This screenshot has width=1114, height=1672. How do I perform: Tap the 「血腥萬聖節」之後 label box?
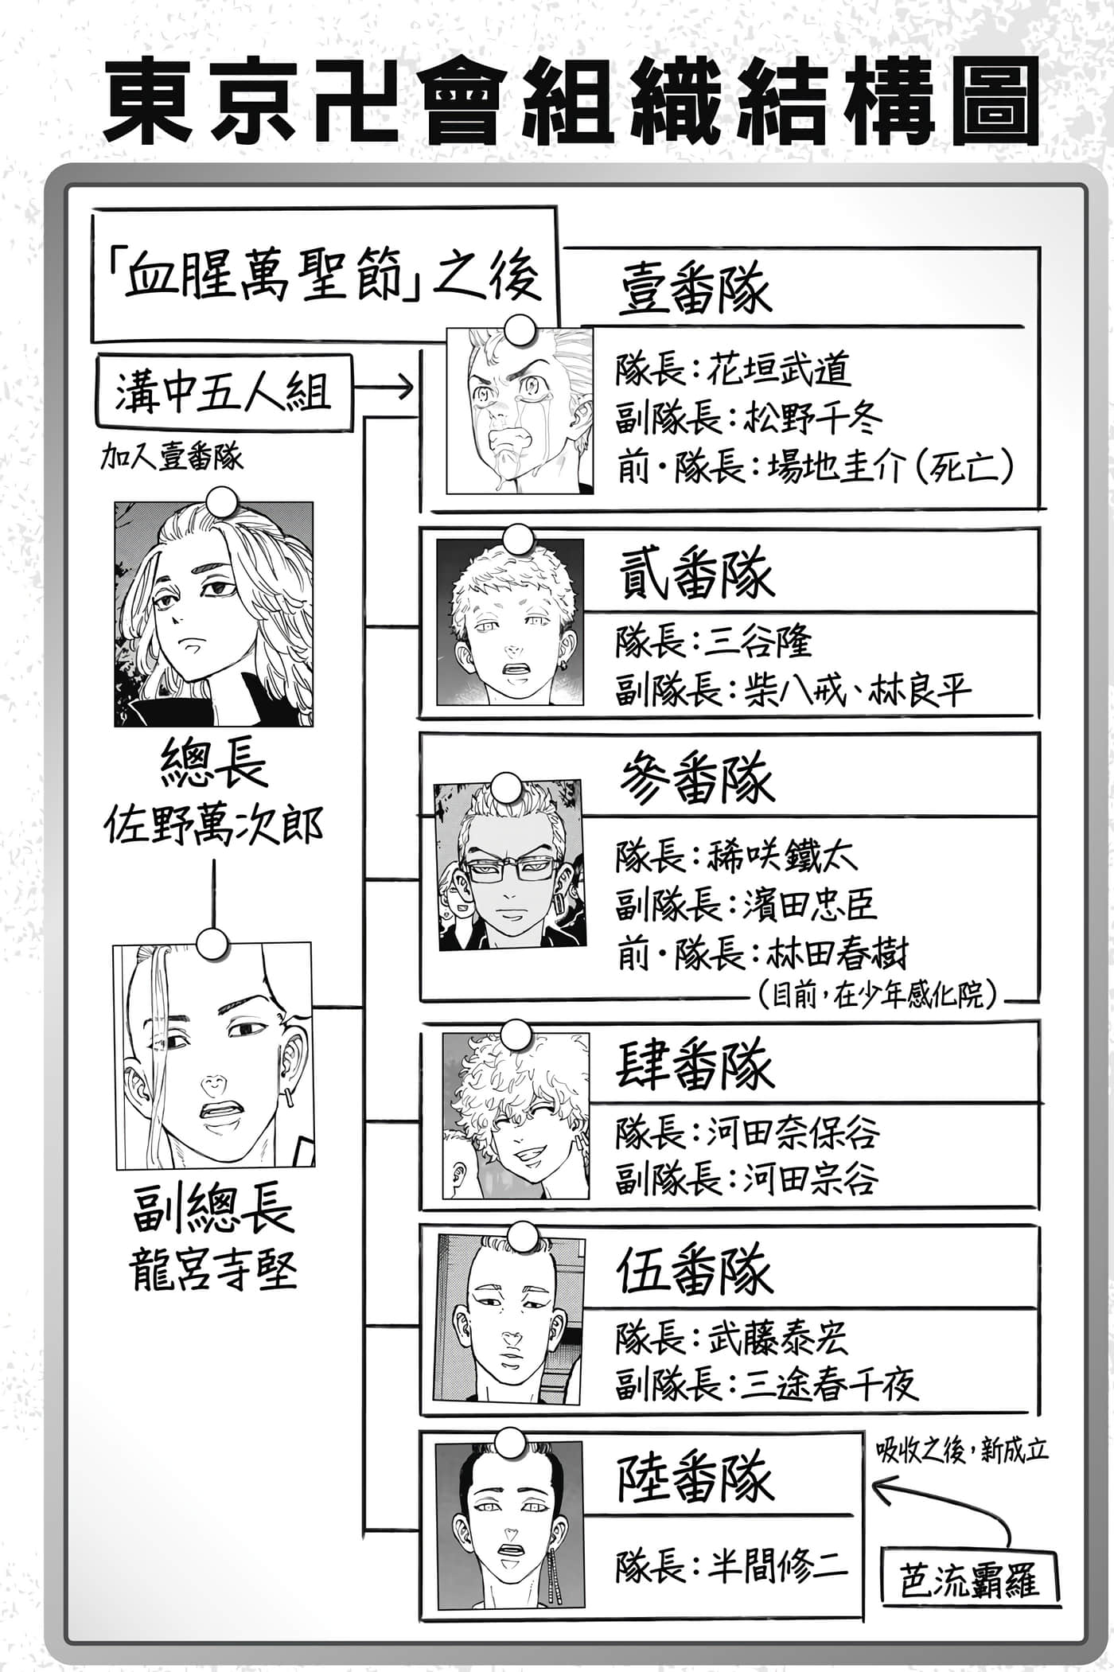324,275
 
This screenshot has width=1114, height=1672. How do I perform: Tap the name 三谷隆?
759,641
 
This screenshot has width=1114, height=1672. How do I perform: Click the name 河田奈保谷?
793,1132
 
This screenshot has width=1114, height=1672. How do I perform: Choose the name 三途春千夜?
830,1384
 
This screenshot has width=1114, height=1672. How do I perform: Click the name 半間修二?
777,1568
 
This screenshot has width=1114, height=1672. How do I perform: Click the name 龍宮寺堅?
213,1270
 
